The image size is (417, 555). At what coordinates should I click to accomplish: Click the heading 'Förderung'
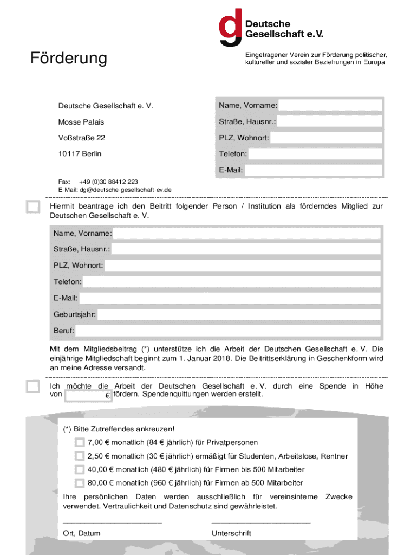68,58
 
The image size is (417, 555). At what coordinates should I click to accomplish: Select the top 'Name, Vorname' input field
330,105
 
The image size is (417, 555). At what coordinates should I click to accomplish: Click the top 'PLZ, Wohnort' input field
326,138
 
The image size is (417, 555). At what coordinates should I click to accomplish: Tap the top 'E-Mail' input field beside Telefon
314,170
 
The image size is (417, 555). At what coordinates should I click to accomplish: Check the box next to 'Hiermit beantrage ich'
33,207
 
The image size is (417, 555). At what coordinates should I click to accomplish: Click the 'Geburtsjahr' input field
239,314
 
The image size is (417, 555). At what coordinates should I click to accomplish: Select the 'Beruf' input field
228,331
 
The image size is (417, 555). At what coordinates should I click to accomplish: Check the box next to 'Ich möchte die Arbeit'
33,386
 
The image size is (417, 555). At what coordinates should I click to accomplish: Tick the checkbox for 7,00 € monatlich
80,443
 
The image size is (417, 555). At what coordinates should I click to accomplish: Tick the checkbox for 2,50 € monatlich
80,456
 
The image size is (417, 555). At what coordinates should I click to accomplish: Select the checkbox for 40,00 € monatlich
80,469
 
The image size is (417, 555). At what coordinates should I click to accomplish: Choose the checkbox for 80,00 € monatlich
80,483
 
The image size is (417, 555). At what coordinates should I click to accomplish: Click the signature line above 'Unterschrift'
260,522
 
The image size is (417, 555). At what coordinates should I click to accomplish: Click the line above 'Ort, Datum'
112,522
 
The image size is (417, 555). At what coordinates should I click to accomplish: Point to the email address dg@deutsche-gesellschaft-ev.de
126,190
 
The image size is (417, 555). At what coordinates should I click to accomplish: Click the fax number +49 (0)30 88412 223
108,182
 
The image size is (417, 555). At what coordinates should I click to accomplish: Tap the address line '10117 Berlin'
80,154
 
